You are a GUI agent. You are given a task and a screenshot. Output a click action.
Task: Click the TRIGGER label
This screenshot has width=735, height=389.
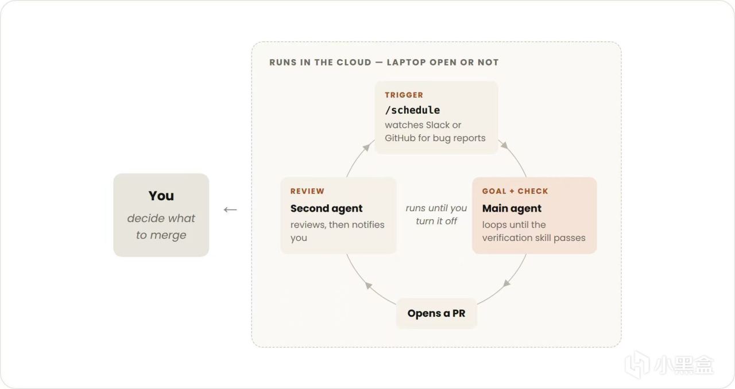[x=404, y=95]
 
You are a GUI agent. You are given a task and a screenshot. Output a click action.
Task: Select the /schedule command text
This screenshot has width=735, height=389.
[x=412, y=110]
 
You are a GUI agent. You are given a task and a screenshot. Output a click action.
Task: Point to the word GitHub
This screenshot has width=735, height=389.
[x=400, y=138]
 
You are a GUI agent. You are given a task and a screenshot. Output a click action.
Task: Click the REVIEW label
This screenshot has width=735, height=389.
[x=307, y=191]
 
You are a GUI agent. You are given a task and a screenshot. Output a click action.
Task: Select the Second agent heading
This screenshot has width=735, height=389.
[x=326, y=208]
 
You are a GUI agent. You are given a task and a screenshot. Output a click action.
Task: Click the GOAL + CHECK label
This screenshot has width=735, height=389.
[x=515, y=191]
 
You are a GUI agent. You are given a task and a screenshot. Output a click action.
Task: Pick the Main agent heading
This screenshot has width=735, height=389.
[x=512, y=208]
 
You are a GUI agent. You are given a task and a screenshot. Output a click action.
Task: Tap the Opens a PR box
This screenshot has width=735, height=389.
[x=436, y=313]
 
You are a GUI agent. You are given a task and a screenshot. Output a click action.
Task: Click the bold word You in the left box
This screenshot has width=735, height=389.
[x=161, y=196]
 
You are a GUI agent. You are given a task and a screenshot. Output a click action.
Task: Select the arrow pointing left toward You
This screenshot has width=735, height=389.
[x=230, y=209]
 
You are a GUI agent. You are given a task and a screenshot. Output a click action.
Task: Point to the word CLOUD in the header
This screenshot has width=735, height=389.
[x=354, y=63]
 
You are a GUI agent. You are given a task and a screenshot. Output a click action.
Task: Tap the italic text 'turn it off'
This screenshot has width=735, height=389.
[x=436, y=221]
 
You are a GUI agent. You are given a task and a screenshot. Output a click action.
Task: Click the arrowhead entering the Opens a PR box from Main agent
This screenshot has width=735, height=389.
[x=507, y=283]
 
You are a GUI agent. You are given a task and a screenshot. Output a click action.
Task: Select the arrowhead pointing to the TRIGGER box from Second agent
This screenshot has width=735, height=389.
[x=366, y=147]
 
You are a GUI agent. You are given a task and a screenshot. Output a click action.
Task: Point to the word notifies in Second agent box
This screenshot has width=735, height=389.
[x=368, y=225]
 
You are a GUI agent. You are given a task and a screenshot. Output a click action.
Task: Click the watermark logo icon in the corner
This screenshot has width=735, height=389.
[x=637, y=364]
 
